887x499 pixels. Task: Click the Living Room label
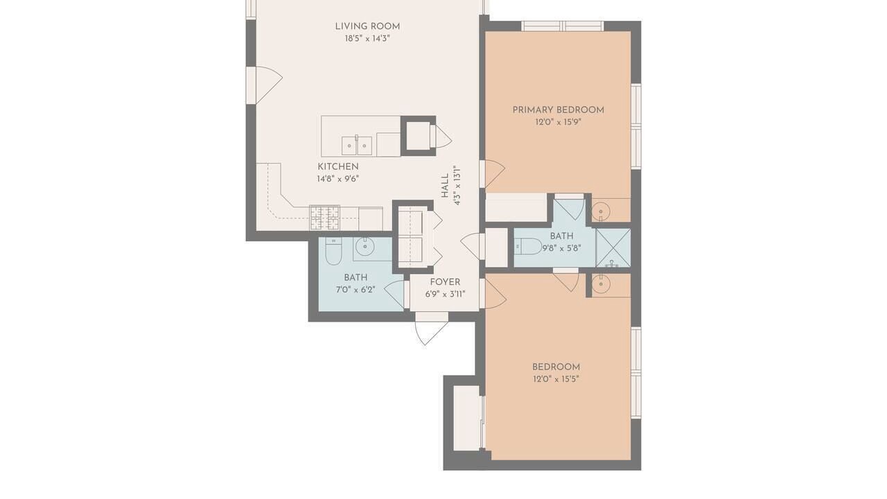tap(367, 26)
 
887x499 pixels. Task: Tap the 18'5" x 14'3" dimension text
tap(367, 39)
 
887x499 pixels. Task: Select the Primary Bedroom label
tap(559, 110)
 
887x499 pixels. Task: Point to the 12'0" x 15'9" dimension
tap(559, 122)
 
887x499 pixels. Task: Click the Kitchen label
tap(338, 167)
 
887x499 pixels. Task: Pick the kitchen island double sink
tap(357, 146)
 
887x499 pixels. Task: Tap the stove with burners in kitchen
tap(325, 218)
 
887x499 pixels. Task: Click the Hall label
tap(445, 185)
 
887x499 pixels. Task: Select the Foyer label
tap(445, 282)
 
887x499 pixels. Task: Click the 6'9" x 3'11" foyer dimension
tap(445, 295)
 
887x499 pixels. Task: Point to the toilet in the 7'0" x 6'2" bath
tap(333, 252)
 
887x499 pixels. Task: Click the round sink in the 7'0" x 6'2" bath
tap(365, 248)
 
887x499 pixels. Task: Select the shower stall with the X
tap(613, 247)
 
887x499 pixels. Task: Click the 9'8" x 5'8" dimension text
tap(561, 248)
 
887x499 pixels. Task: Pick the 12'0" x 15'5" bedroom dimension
tap(556, 379)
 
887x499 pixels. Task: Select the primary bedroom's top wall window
tap(562, 26)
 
